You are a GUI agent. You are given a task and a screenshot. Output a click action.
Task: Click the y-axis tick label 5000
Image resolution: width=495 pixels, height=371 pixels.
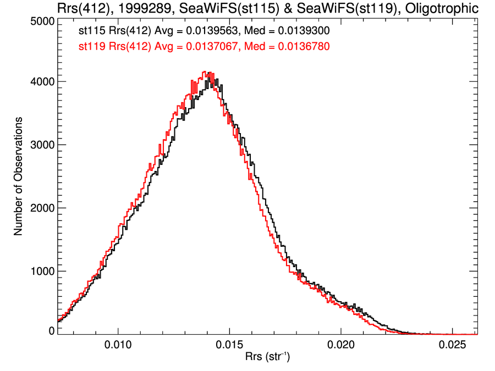click(40, 21)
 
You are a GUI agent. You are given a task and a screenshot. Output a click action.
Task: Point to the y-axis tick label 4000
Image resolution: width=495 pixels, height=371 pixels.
click(40, 82)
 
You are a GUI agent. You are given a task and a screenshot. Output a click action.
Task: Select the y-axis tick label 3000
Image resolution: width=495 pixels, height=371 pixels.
click(40, 145)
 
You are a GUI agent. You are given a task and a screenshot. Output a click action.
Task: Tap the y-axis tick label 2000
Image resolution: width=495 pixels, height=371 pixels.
click(40, 208)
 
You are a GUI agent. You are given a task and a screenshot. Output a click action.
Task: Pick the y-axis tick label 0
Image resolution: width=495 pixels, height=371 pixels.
click(51, 331)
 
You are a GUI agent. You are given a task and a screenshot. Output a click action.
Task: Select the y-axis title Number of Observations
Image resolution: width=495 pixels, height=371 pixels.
click(18, 176)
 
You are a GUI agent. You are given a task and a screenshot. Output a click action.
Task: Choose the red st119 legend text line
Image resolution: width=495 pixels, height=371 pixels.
click(204, 47)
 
